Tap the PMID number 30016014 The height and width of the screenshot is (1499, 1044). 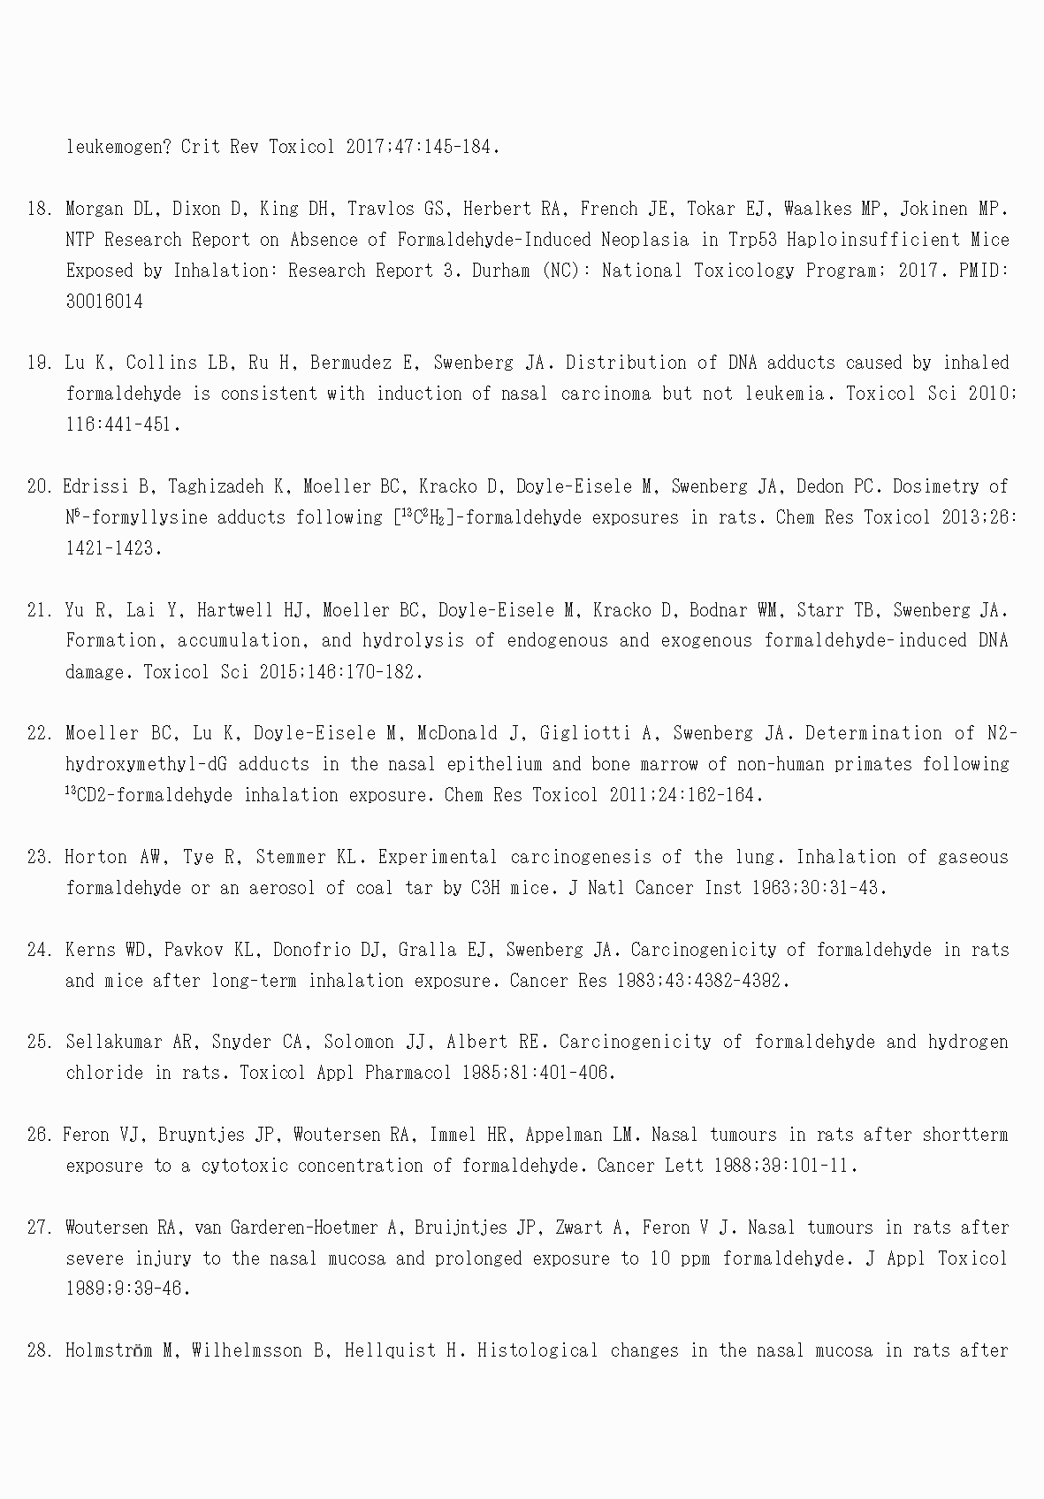click(x=104, y=302)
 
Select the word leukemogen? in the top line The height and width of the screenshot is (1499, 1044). click(x=118, y=147)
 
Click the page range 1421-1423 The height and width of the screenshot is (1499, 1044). click(x=113, y=548)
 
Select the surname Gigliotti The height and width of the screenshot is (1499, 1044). click(x=601, y=733)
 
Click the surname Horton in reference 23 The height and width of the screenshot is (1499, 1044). click(x=95, y=857)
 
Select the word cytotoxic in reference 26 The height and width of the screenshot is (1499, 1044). click(x=244, y=1166)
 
